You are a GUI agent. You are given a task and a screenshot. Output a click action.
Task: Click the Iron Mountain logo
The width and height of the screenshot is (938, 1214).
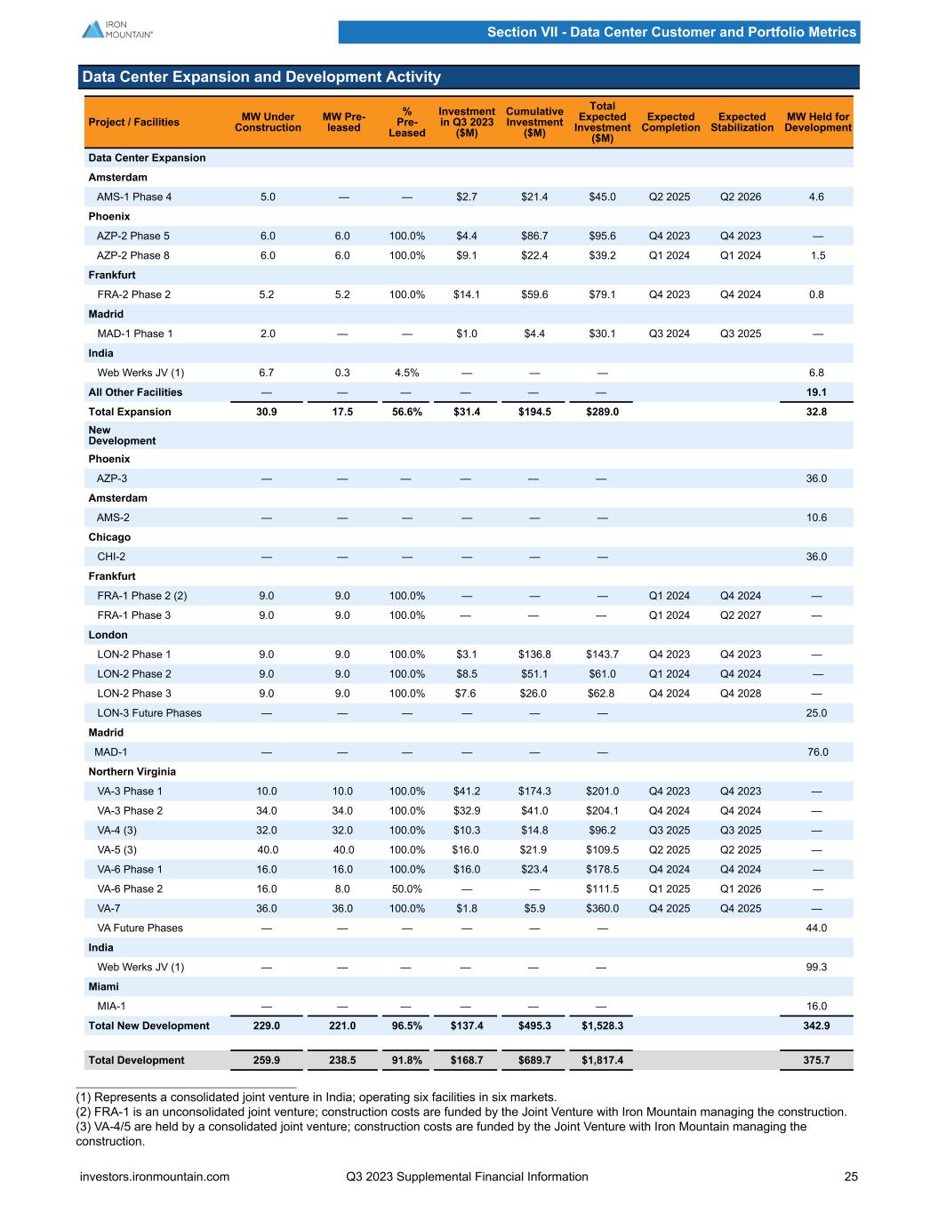click(x=117, y=28)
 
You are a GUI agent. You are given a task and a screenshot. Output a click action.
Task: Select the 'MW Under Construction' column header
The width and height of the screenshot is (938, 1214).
click(x=268, y=122)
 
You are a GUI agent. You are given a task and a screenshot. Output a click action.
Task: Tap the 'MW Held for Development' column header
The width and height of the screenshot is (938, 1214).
click(x=817, y=122)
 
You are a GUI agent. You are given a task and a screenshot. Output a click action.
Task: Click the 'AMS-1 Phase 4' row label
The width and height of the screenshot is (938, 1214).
click(x=133, y=197)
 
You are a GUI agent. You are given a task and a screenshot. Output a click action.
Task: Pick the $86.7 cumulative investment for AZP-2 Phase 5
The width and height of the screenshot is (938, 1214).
click(x=534, y=236)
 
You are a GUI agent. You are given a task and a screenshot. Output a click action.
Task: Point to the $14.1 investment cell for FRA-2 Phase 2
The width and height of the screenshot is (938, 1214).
click(x=466, y=294)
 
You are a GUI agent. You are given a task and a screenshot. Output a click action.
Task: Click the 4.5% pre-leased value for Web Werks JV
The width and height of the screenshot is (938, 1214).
click(x=406, y=373)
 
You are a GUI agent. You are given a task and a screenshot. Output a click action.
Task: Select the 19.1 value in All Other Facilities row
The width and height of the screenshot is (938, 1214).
click(x=816, y=392)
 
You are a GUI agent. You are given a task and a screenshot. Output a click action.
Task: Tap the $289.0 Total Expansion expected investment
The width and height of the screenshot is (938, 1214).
click(x=602, y=412)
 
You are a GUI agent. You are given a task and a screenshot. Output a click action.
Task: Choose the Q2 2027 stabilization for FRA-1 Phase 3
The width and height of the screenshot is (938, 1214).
click(x=741, y=615)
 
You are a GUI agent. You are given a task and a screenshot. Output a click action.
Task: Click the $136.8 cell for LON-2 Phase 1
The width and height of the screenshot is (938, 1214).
click(x=534, y=655)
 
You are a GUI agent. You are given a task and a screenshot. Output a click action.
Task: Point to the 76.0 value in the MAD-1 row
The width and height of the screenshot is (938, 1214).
click(x=816, y=752)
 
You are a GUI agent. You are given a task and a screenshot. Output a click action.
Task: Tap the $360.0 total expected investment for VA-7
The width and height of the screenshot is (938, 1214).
click(x=602, y=908)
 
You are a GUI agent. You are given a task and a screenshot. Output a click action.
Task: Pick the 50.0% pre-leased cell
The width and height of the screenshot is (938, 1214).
click(x=406, y=888)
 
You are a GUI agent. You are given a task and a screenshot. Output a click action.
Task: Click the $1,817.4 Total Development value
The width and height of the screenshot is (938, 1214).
click(x=602, y=1060)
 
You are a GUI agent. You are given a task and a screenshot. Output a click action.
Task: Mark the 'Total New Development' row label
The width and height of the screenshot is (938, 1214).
click(x=148, y=1025)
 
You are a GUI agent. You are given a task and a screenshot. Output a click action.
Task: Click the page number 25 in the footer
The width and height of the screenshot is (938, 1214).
click(x=851, y=1177)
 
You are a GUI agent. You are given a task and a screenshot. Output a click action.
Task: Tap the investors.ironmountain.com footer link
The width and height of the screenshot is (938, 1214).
click(x=155, y=1177)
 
